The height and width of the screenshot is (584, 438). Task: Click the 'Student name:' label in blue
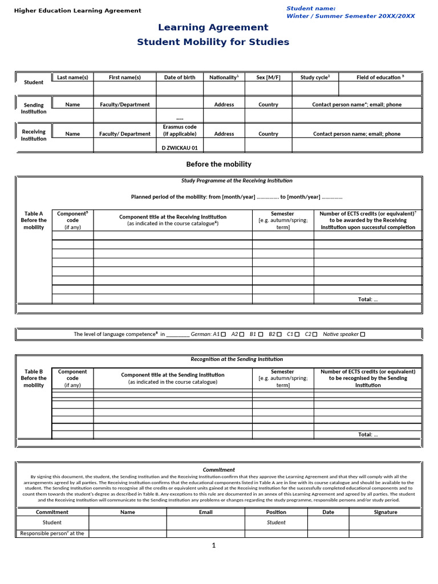click(311, 8)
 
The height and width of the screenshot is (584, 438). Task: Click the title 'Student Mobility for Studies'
click(213, 42)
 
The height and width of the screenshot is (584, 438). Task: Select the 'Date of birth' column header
click(180, 77)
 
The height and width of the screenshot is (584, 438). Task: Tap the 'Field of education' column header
click(380, 77)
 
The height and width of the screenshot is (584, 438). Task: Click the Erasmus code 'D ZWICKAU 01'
click(180, 147)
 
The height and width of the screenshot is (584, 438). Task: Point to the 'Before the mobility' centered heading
click(219, 164)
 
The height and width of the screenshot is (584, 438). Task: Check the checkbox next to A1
click(224, 334)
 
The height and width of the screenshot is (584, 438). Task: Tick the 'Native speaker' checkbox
click(363, 334)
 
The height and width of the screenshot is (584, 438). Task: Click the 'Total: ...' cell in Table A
click(367, 299)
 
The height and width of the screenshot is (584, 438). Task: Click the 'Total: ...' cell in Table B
click(367, 434)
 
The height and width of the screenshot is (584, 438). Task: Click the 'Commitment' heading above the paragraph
click(219, 469)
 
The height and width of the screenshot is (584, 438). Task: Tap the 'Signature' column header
click(386, 512)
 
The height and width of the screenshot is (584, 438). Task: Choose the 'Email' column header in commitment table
click(205, 512)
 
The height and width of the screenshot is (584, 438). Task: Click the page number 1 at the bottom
click(214, 546)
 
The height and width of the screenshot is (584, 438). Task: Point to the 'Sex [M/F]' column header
click(268, 77)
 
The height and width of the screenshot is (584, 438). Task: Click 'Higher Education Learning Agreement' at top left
click(78, 11)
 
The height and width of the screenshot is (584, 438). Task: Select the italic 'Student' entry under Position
click(276, 522)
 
